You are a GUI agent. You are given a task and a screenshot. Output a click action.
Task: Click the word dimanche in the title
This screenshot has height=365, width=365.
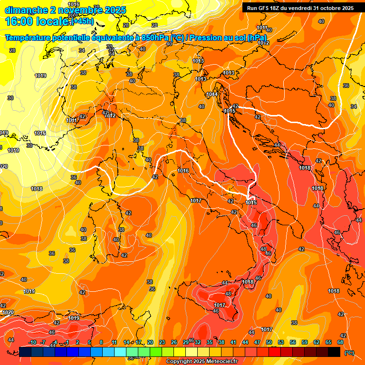click(26, 10)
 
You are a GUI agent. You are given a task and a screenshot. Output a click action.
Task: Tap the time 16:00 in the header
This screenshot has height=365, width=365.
click(20, 21)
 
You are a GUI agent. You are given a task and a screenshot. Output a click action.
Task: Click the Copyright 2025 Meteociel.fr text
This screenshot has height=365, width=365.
click(202, 361)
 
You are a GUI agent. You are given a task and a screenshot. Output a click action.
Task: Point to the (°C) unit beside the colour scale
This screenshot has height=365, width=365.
click(349, 353)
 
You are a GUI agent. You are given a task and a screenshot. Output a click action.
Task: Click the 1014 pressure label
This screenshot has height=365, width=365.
click(212, 94)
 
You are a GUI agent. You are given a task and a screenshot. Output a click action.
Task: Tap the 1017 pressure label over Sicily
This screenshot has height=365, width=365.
click(220, 305)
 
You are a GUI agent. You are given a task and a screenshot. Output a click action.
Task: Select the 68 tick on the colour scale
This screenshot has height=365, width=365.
click(340, 342)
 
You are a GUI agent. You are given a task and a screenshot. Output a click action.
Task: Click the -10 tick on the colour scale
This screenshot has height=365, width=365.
click(32, 342)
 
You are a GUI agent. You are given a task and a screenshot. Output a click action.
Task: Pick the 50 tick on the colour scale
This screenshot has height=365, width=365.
click(269, 342)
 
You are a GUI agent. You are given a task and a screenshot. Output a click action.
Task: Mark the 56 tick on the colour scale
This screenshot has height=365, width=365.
click(293, 342)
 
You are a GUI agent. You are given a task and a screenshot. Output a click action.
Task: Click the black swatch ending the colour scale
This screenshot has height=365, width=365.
click(334, 352)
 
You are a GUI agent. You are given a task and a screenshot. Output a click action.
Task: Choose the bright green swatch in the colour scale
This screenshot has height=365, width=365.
click(156, 352)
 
